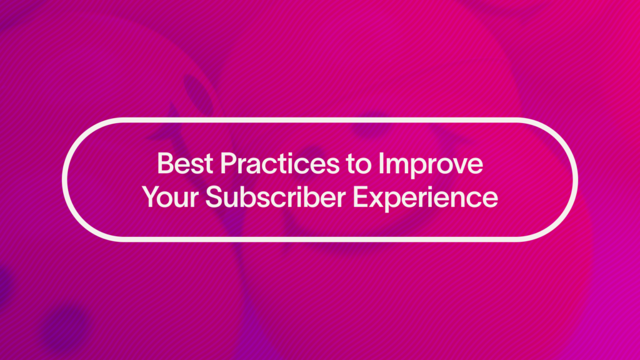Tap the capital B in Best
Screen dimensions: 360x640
click(164, 164)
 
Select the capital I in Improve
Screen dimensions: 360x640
click(382, 164)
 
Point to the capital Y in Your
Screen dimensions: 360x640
click(151, 197)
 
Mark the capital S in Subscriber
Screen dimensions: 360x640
click(214, 197)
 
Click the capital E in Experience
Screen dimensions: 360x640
click(361, 197)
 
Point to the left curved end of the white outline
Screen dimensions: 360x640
click(65, 178)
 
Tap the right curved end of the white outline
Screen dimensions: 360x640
click(575, 178)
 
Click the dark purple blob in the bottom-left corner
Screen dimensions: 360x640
click(62, 325)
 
